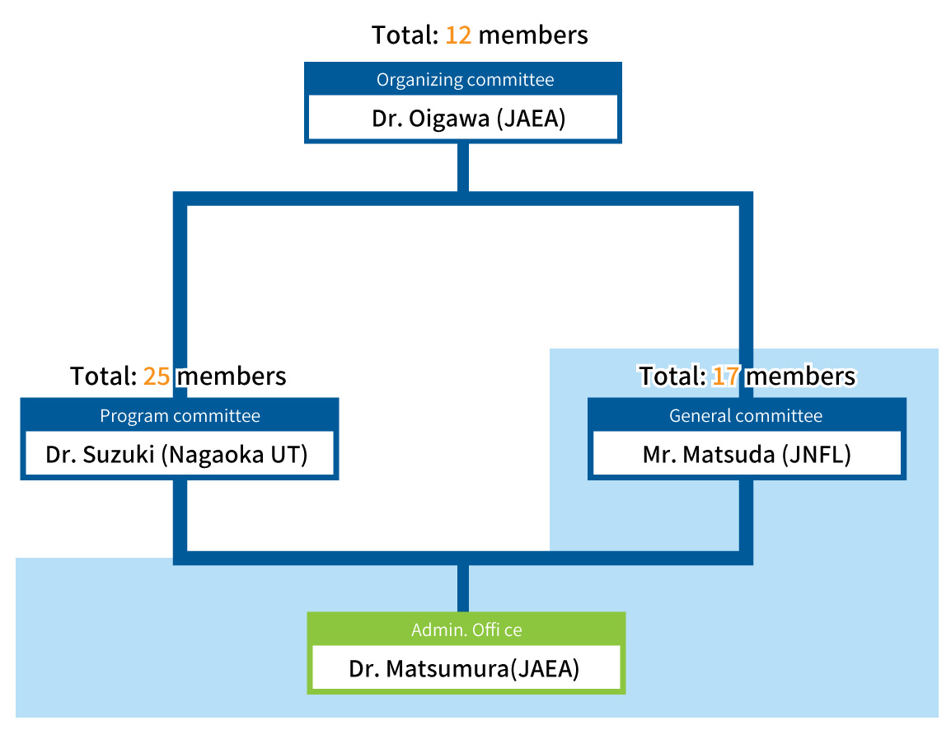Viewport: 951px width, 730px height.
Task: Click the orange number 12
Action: click(458, 35)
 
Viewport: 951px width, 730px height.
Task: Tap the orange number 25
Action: click(157, 377)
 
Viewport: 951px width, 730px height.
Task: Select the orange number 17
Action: click(725, 377)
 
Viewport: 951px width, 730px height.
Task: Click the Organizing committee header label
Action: click(465, 80)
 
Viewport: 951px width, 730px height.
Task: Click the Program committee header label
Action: click(180, 416)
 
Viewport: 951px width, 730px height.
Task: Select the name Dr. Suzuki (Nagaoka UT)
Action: click(176, 455)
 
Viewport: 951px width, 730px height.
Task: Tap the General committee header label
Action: click(745, 416)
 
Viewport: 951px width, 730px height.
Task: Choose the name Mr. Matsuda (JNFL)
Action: click(746, 455)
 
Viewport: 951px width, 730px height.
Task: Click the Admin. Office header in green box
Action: click(466, 630)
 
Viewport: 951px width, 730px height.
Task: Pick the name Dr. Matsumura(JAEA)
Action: click(464, 668)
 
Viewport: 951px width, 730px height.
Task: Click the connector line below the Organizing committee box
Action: click(463, 167)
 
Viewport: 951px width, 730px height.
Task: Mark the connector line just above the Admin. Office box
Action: click(463, 588)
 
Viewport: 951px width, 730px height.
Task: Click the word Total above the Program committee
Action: click(102, 377)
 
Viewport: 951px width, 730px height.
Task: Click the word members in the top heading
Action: click(533, 35)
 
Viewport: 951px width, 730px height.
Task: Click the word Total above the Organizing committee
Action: click(404, 35)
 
